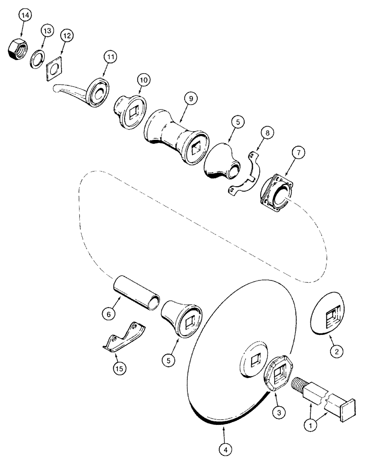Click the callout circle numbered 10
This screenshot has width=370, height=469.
point(143,80)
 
